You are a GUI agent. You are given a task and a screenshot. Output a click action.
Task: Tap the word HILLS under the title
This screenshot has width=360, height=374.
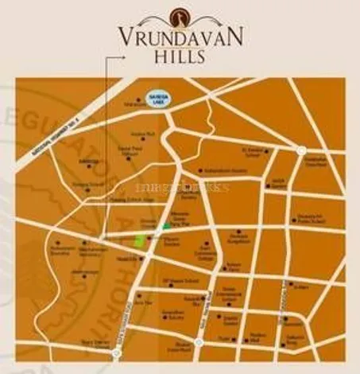(180, 56)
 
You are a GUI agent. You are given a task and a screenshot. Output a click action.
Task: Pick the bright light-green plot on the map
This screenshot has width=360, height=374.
(140, 240)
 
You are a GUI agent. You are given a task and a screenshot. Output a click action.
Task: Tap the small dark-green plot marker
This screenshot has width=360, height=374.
(166, 226)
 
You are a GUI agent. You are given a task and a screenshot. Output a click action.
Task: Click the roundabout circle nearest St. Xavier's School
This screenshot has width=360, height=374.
(300, 150)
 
